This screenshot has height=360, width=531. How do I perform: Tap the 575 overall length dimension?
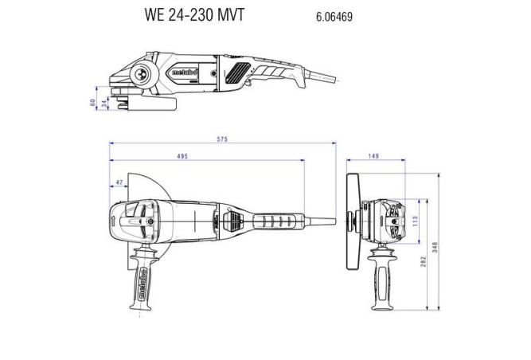pyautogui.click(x=222, y=140)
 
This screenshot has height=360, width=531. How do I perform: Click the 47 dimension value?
pyautogui.click(x=119, y=182)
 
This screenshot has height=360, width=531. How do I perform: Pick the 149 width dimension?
pyautogui.click(x=374, y=157)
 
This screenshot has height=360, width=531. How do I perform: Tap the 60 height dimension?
pyautogui.click(x=94, y=103)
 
